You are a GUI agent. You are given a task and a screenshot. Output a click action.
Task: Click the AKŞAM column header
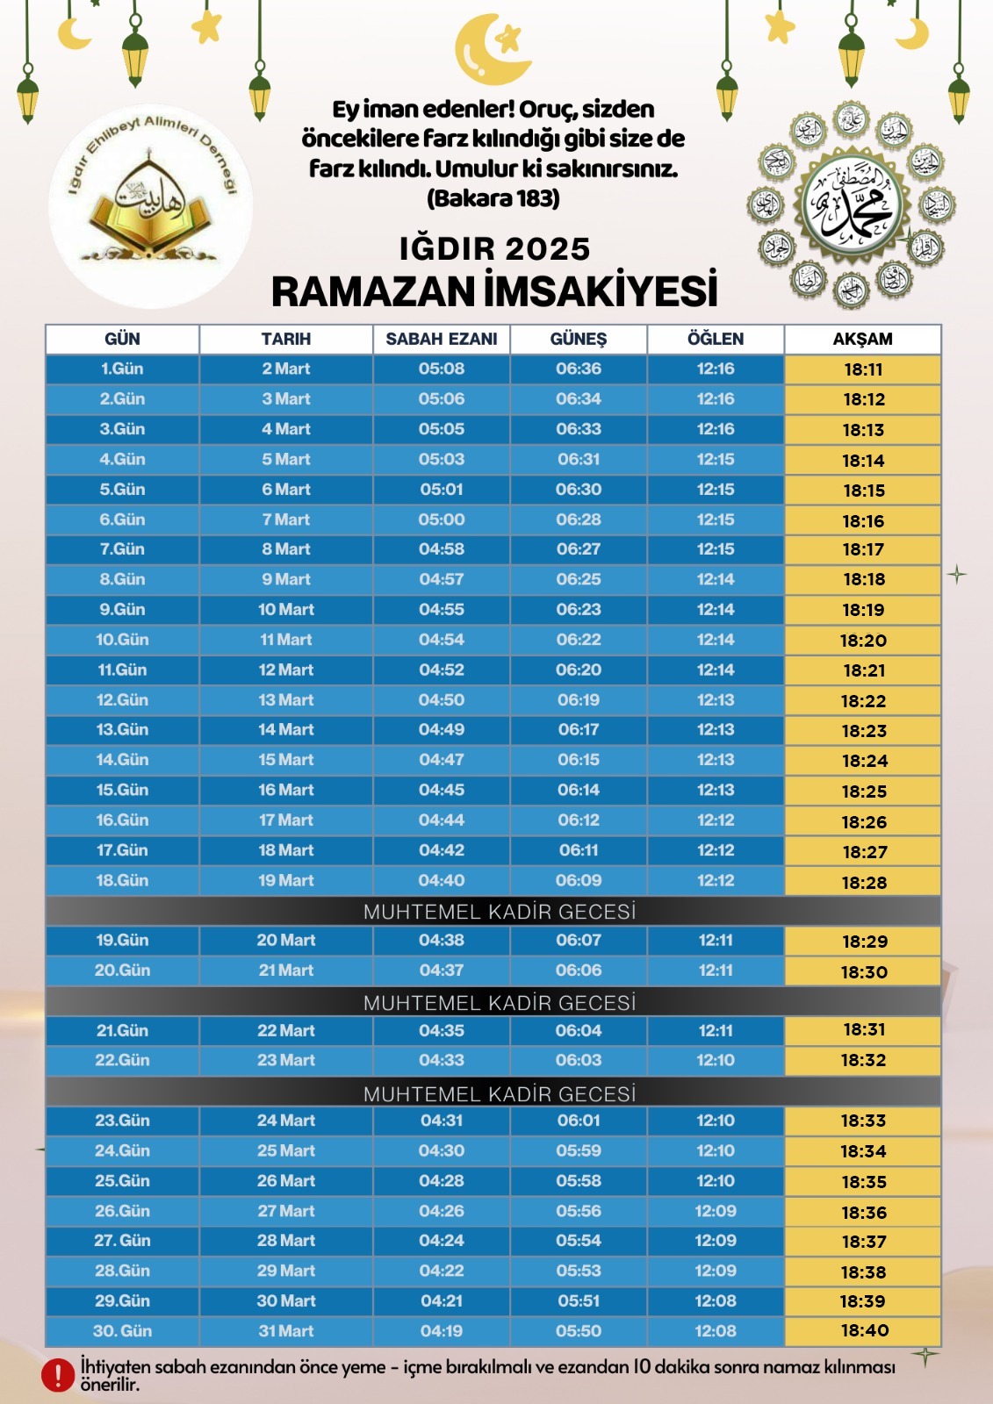(x=862, y=339)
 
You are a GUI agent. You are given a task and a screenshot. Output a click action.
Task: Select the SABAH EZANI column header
(x=442, y=339)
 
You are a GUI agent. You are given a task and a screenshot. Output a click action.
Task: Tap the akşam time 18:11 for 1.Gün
(x=863, y=369)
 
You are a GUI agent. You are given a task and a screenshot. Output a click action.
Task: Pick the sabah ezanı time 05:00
(x=442, y=519)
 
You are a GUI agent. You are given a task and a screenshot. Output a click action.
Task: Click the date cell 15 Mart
(x=286, y=760)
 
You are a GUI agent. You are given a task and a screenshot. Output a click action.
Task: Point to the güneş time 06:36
(x=579, y=369)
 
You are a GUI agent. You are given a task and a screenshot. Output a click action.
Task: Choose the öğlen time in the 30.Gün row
(x=716, y=1331)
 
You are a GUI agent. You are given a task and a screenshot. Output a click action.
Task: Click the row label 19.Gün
(x=122, y=941)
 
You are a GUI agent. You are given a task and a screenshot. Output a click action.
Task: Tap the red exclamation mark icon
(x=58, y=1375)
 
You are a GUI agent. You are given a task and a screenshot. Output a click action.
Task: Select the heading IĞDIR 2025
(x=495, y=248)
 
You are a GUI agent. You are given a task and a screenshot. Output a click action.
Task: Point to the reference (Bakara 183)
(x=493, y=198)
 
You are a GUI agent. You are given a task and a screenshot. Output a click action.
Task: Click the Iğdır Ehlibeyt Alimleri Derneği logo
(x=151, y=209)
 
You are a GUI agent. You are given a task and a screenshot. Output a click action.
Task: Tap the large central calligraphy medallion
(x=849, y=206)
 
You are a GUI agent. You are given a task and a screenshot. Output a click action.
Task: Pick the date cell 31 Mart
(x=286, y=1331)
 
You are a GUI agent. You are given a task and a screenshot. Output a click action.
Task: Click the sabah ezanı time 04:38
(x=442, y=941)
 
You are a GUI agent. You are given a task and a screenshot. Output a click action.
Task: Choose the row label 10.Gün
(x=122, y=640)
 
